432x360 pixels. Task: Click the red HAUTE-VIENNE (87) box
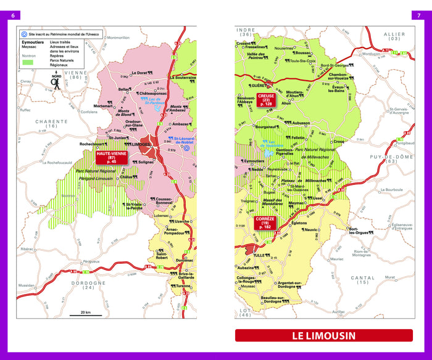click(x=112, y=157)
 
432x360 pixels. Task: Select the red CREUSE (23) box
click(x=267, y=100)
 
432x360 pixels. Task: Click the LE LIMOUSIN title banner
click(x=323, y=336)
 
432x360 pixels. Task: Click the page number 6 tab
click(x=14, y=15)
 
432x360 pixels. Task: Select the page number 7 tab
click(x=418, y=15)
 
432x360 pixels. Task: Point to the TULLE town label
click(x=259, y=255)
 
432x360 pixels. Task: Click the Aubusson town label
click(x=297, y=123)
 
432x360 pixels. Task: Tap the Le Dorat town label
click(x=141, y=73)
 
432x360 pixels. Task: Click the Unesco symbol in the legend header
click(x=24, y=35)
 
